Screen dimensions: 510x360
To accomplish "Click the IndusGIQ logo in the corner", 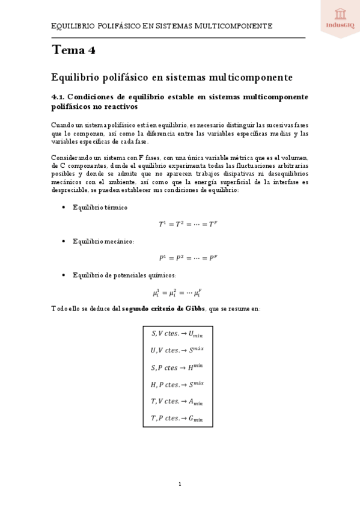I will coord(339,17).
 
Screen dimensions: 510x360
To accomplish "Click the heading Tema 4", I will coord(73,51).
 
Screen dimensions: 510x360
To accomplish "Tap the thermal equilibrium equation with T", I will coord(180,224).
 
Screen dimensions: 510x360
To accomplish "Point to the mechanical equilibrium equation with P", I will coord(180,258).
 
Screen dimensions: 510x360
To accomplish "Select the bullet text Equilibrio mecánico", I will coord(103,241).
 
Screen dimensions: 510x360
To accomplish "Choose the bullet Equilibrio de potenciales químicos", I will coord(124,275).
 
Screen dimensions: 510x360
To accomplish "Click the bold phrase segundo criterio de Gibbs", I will coord(163,309).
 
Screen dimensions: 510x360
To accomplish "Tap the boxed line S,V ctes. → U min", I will coord(177,334).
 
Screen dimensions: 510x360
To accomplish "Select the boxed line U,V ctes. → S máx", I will coord(177,350).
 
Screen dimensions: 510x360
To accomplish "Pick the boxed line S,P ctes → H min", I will coord(177,367).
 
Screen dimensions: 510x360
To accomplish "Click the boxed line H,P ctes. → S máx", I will coord(177,384).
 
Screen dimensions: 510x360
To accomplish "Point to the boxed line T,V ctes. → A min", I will coord(177,401).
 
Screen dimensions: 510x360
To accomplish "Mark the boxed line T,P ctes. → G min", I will coord(177,417).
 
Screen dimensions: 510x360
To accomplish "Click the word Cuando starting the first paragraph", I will coord(63,124).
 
